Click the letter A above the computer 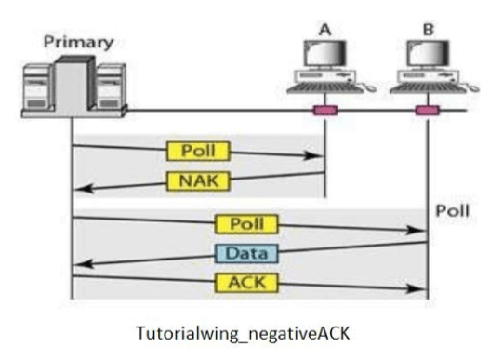click(x=324, y=29)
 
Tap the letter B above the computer click(x=427, y=29)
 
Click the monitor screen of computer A click(x=323, y=58)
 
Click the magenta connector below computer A click(x=324, y=112)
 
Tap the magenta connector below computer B click(x=427, y=112)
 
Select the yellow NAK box click(x=197, y=180)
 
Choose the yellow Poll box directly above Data click(x=245, y=224)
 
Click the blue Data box click(x=245, y=252)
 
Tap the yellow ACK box click(x=245, y=281)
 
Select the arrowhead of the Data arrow click(x=78, y=263)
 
